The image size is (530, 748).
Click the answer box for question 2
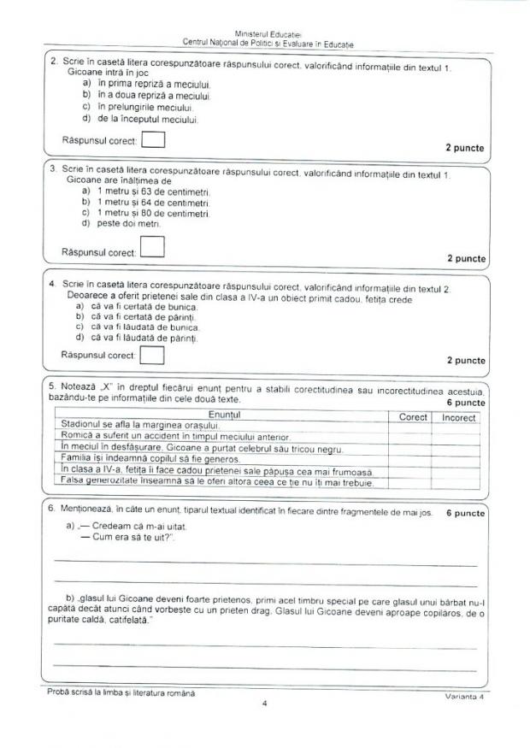point(153,138)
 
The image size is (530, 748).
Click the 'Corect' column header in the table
point(414,416)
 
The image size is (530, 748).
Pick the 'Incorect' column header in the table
point(459,416)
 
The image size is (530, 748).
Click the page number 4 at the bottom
point(265,704)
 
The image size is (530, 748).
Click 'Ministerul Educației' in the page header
point(268,33)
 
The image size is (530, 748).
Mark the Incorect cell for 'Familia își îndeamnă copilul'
point(457,460)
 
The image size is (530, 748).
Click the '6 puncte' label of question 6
point(465,514)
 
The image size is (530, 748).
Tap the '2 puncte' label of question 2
point(464,148)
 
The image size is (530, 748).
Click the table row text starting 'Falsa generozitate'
point(213,483)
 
